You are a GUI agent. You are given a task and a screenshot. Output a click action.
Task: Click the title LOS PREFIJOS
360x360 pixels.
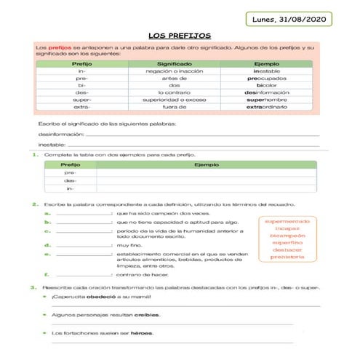coord(179,34)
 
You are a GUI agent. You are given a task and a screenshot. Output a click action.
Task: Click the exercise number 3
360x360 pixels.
coord(36,287)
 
